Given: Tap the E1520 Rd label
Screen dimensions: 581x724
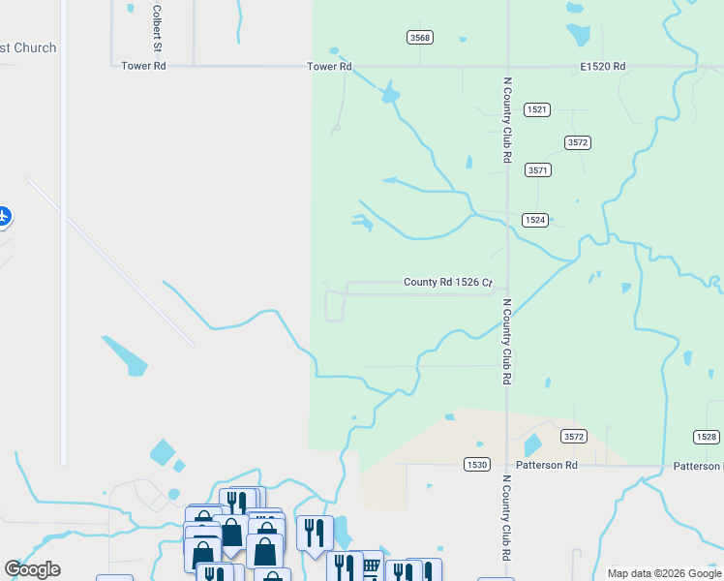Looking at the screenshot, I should [603, 67].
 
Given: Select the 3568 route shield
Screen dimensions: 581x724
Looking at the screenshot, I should [420, 37].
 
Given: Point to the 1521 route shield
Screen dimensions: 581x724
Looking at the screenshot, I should [537, 109].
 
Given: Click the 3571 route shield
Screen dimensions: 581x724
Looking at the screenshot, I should [538, 169].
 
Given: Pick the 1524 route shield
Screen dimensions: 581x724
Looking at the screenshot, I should [535, 220].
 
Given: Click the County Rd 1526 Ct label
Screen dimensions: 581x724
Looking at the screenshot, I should [449, 283].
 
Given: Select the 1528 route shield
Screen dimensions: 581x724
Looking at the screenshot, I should [707, 437].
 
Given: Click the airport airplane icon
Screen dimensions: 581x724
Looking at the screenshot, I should [3, 216].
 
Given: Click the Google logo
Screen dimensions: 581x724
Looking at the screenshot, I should [32, 569].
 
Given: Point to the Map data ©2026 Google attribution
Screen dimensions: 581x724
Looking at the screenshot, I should [664, 573].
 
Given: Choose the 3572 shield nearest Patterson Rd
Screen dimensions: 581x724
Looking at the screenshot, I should [574, 437].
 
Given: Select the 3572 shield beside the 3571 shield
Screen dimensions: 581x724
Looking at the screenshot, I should [578, 142].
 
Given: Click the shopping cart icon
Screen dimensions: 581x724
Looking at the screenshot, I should [370, 566].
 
